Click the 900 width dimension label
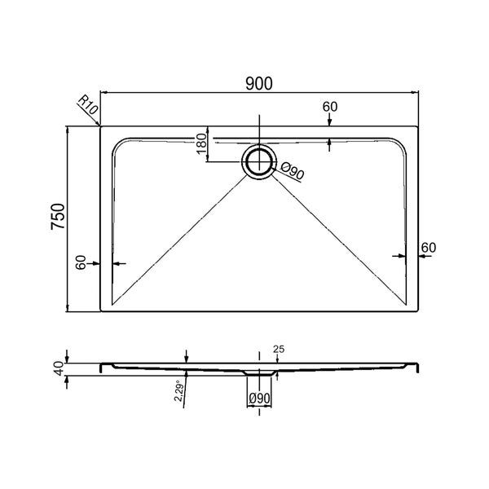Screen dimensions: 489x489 259,83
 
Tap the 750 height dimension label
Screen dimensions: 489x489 58,217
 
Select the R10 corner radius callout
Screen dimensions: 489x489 88,104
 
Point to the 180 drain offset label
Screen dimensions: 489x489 202,143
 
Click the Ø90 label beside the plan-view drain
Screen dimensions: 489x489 293,171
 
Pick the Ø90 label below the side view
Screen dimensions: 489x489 259,399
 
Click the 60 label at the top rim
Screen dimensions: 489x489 329,107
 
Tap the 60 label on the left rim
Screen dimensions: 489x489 81,262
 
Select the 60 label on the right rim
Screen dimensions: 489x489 429,248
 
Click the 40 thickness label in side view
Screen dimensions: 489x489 59,368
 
